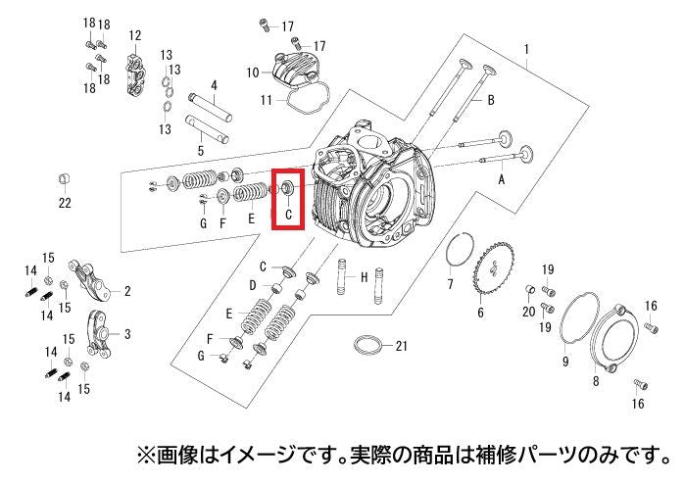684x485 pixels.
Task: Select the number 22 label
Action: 65,203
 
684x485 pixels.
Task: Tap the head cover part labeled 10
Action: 291,69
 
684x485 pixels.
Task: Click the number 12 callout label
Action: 135,35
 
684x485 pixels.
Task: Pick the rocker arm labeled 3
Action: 99,333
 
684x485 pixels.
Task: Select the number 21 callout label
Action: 402,346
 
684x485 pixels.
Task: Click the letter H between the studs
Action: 365,277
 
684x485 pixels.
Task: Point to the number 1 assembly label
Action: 526,49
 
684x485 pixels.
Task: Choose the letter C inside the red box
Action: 288,215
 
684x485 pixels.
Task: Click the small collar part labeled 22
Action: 65,179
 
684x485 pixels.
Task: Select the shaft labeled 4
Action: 211,108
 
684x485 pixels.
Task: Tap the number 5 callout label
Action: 201,151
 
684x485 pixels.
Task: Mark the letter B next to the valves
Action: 491,100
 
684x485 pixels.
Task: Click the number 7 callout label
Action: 450,284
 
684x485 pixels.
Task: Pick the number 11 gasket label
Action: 267,101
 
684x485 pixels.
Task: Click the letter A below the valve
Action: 501,179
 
